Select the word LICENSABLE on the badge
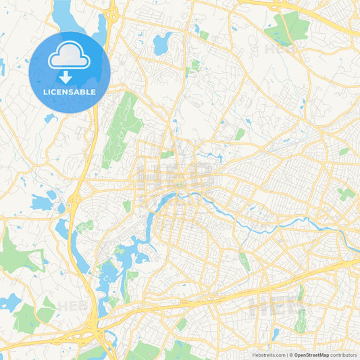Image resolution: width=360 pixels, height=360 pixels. click(x=70, y=92)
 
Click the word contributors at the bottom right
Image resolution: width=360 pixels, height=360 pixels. click(x=343, y=354)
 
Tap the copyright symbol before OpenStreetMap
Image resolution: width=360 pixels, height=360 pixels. click(x=292, y=354)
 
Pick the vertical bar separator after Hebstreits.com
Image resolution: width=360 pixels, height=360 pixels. click(x=288, y=354)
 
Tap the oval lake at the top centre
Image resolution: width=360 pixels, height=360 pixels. click(x=163, y=44)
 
